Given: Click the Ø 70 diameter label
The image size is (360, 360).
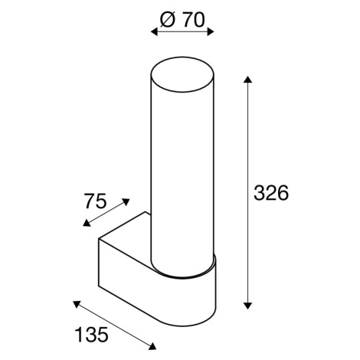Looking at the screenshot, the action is (183, 20).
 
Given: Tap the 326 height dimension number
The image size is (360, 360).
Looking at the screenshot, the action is (271, 192).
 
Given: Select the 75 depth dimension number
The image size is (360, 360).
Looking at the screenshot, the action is (95, 201).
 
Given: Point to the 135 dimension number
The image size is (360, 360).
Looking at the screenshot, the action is (91, 335).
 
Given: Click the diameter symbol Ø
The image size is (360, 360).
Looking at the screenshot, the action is (169, 20).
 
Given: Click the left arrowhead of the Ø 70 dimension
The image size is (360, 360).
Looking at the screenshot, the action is (155, 32).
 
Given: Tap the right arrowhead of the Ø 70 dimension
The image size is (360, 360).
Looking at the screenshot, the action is (210, 32).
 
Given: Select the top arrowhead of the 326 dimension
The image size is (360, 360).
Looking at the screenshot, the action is (247, 80).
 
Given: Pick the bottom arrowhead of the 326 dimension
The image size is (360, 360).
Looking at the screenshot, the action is (247, 306).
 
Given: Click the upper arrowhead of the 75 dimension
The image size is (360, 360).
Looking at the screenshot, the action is (126, 202).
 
